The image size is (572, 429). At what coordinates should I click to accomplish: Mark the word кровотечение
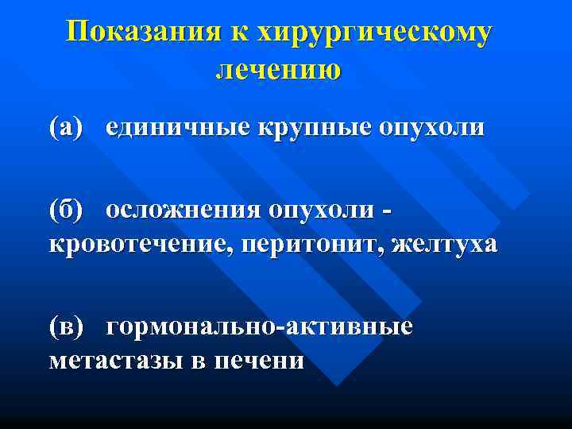pos(132,244)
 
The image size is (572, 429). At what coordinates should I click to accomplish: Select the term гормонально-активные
pos(260,327)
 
